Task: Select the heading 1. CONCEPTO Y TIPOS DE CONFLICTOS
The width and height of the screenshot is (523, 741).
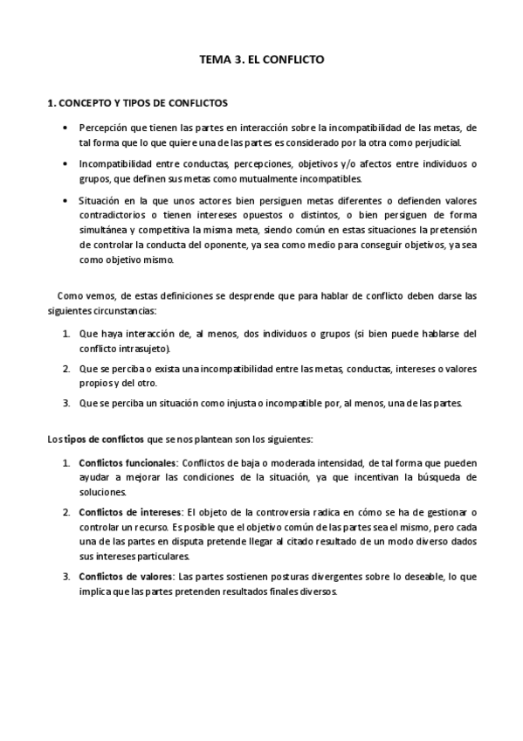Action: [137, 102]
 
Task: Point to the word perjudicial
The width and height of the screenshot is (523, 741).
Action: [449, 142]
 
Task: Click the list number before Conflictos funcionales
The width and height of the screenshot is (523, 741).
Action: [66, 461]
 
